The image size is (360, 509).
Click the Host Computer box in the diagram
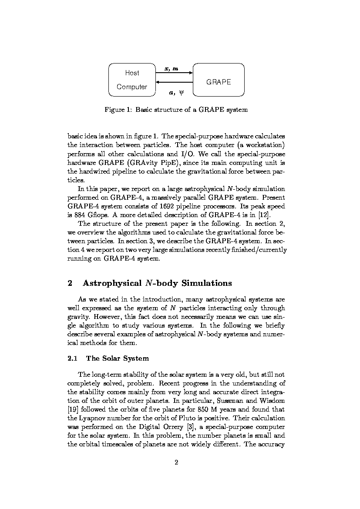(132, 80)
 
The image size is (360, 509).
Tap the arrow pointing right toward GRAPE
(174, 73)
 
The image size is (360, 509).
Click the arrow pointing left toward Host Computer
(174, 82)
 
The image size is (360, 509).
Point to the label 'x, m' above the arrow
(171, 68)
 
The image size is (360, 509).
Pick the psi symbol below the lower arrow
(181, 92)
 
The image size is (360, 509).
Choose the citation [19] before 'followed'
(73, 409)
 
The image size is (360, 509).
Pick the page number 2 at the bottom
(176, 462)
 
